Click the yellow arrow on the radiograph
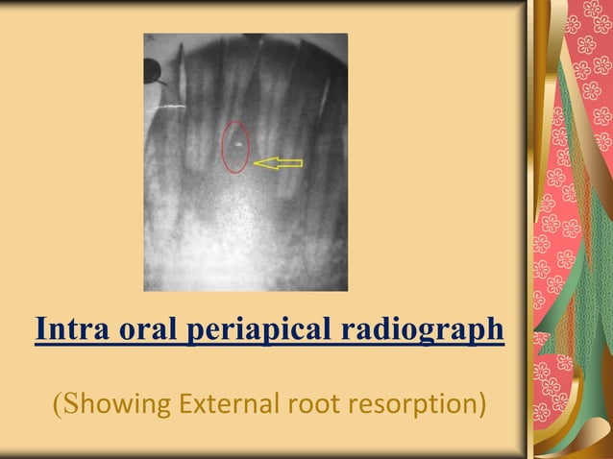[279, 163]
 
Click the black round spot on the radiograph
[152, 70]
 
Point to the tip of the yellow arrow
[255, 163]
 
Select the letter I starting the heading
[39, 328]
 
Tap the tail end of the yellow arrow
[301, 163]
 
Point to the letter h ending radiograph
[495, 328]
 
